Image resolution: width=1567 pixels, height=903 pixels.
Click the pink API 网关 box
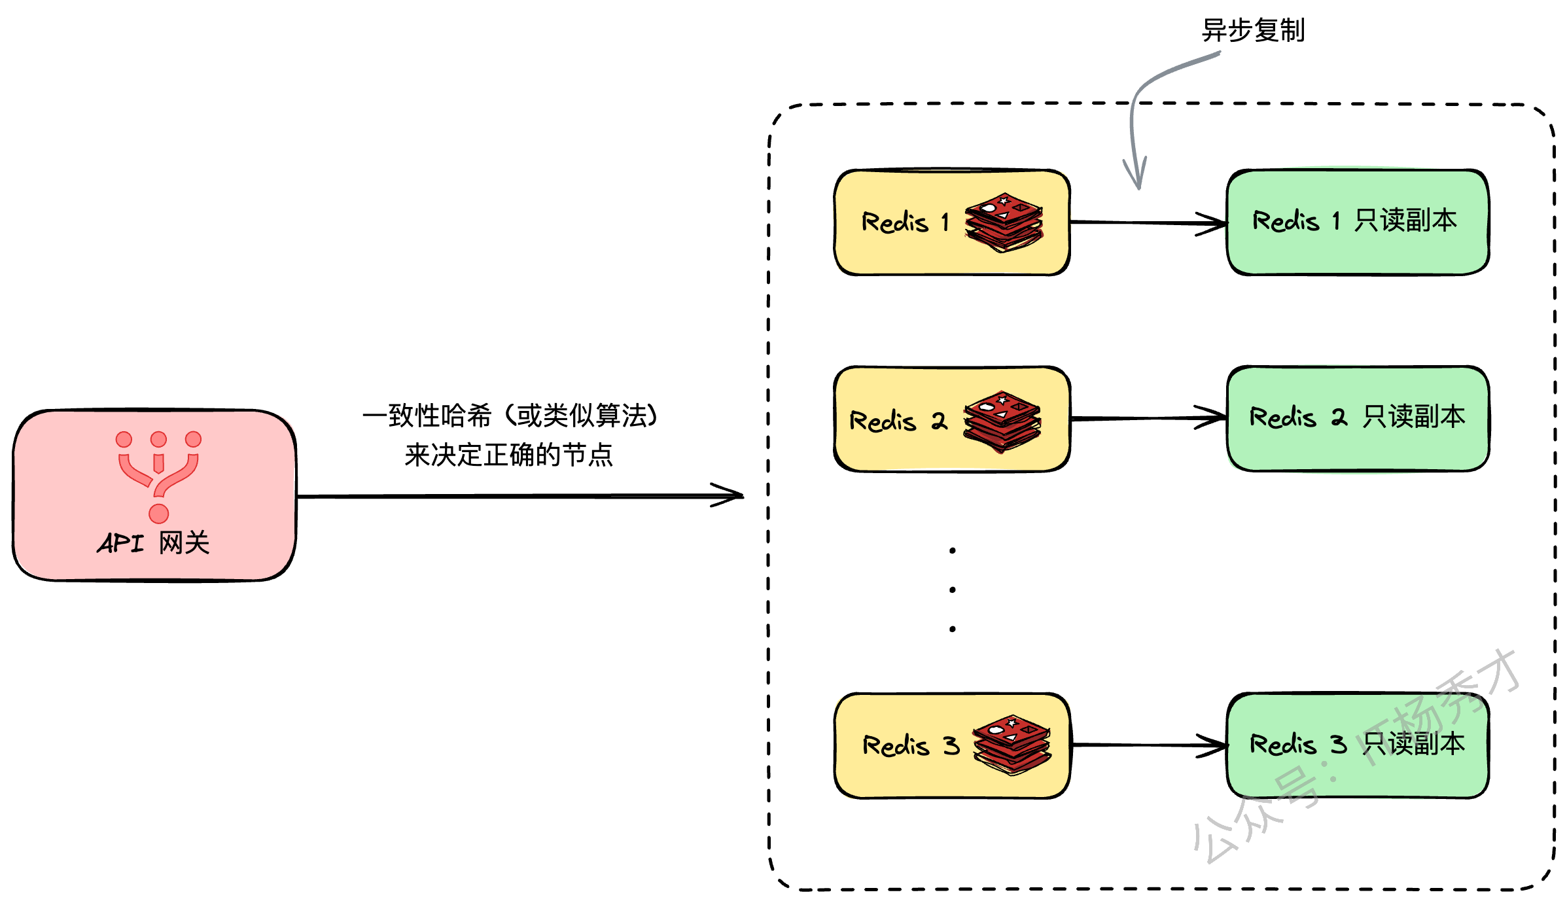(154, 495)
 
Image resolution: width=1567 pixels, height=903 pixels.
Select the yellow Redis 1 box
(952, 222)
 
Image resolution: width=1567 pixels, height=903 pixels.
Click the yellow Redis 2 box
(952, 419)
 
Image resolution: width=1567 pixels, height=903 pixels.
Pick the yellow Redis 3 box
(952, 745)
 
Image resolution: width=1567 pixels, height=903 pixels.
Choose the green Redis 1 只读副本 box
(1358, 222)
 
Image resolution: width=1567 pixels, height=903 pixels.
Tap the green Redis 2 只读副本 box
(1358, 418)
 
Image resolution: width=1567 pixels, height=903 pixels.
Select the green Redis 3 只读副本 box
(1358, 745)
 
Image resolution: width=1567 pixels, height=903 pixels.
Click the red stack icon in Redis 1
(1004, 222)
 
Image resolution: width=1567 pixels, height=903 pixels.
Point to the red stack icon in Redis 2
(1002, 421)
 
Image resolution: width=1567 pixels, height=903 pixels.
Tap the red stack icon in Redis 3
(1012, 745)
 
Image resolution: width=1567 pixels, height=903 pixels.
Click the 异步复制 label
(1253, 30)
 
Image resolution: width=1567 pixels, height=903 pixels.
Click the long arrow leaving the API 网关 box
(521, 496)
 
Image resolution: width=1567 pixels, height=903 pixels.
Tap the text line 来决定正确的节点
(508, 455)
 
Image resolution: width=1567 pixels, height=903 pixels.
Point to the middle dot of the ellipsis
(952, 590)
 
